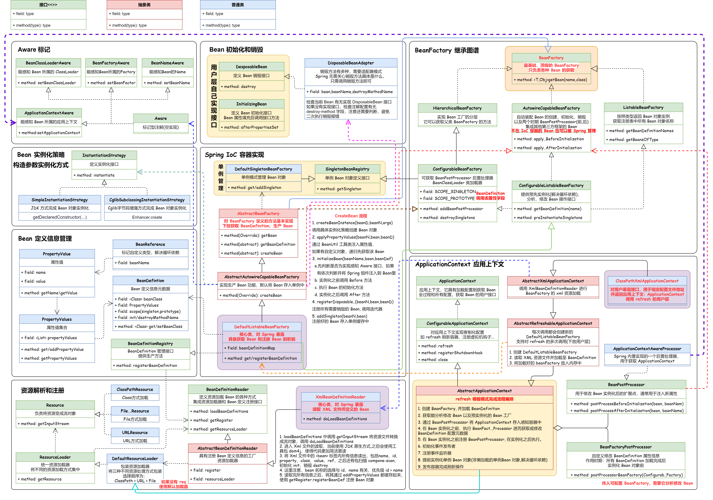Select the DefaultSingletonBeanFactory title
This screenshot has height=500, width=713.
(263, 169)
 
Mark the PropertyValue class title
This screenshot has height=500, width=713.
(57, 254)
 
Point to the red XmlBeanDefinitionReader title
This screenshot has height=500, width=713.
(340, 397)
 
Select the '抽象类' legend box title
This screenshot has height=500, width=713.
(144, 5)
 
